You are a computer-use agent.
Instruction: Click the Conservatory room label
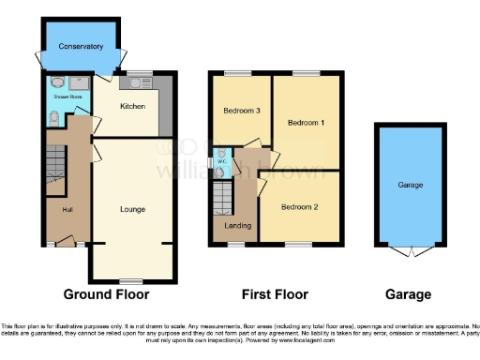point(81,46)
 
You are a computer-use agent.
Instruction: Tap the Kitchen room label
point(132,107)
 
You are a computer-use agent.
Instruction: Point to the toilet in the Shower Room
point(54,119)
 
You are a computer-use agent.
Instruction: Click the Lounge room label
point(132,208)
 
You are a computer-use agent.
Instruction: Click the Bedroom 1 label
point(305,123)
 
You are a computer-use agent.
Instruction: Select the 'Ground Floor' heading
point(119,294)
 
